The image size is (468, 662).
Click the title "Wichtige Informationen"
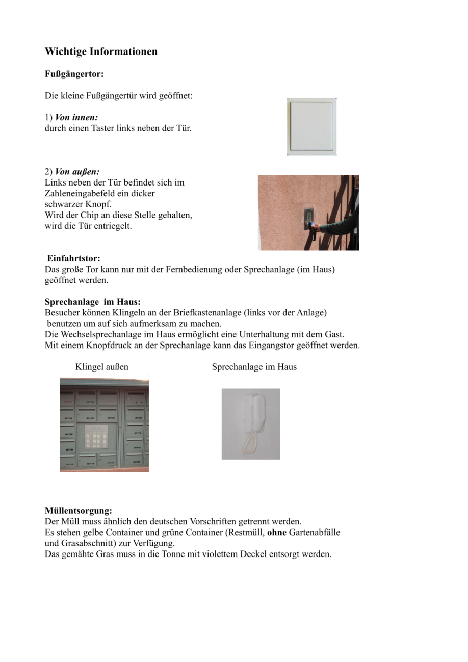(x=101, y=51)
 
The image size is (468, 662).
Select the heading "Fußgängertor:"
(x=74, y=74)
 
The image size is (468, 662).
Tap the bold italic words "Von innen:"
(x=76, y=118)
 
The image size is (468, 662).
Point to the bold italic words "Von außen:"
(x=77, y=172)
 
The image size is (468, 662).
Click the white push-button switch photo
(x=311, y=126)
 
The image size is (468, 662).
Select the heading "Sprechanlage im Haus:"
(x=92, y=302)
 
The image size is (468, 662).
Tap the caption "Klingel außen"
(x=101, y=367)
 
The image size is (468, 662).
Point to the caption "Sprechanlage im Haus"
(x=254, y=367)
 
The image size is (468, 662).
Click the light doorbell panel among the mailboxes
(x=96, y=437)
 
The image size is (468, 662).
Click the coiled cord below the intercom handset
(x=249, y=445)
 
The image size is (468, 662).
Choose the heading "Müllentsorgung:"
(x=78, y=511)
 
